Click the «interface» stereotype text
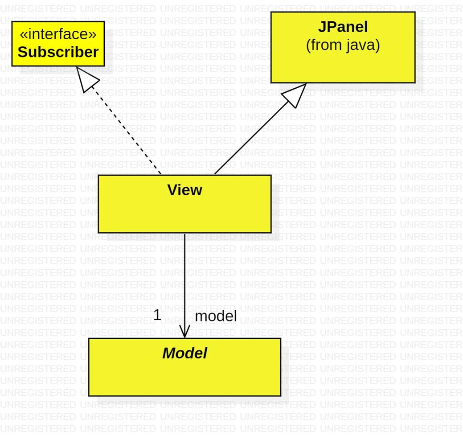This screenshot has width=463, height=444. click(x=58, y=34)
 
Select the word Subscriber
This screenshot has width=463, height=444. click(x=58, y=52)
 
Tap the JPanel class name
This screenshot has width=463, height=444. click(x=343, y=27)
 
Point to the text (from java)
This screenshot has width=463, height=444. click(x=343, y=45)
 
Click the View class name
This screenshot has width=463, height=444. click(x=184, y=190)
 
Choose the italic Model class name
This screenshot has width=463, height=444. click(x=184, y=353)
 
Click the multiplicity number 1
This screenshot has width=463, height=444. click(x=157, y=315)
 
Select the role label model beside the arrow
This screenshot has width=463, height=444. click(x=216, y=316)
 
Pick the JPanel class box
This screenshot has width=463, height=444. click(x=343, y=67)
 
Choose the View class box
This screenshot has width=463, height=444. click(x=184, y=214)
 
